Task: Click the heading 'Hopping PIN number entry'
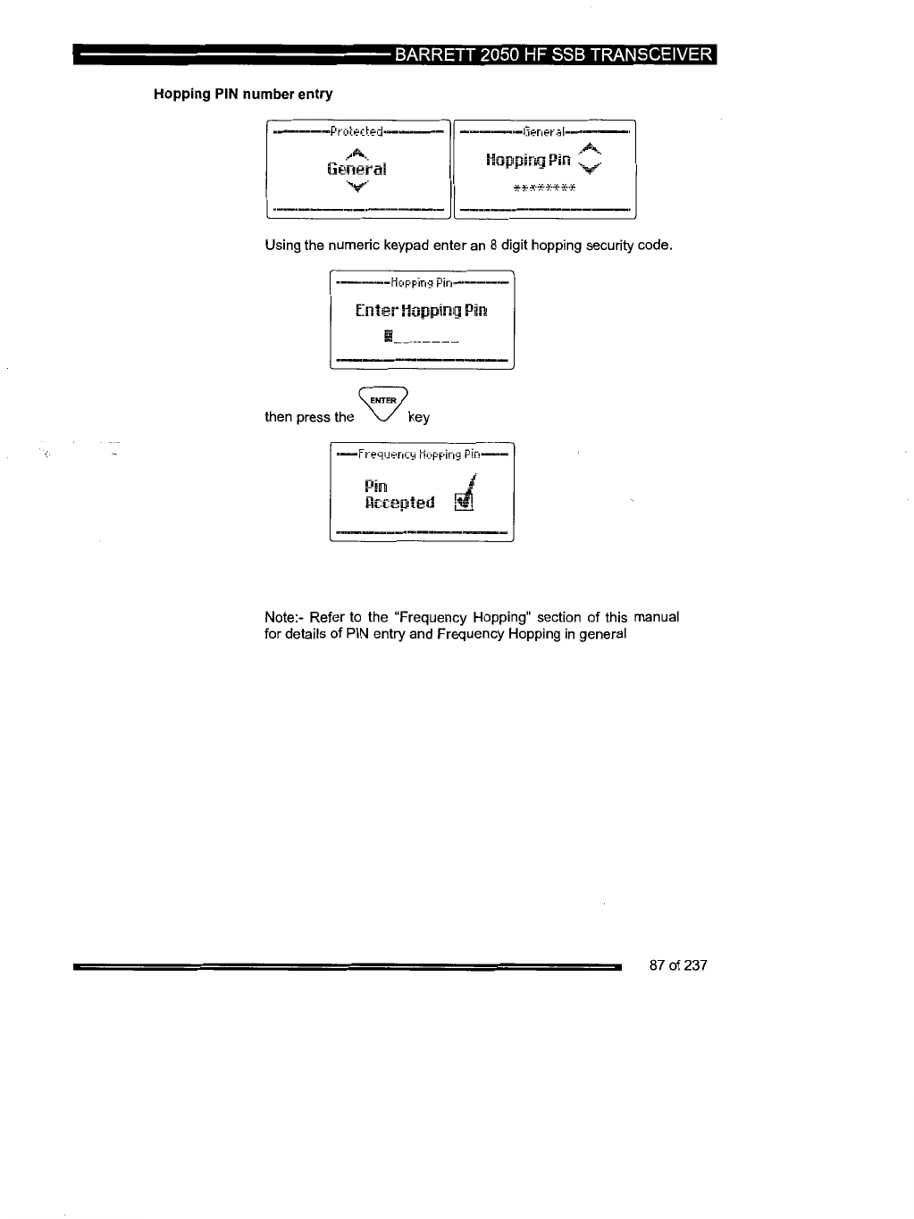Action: point(243,94)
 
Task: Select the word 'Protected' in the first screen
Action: point(356,132)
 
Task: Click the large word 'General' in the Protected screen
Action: point(356,169)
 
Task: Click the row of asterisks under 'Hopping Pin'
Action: point(545,188)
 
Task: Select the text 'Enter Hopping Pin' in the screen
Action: point(421,311)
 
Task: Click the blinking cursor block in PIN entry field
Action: point(388,337)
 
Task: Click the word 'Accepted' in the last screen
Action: point(399,503)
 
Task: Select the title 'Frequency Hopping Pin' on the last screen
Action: point(421,455)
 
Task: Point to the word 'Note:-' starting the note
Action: point(283,617)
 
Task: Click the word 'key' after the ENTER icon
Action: point(418,417)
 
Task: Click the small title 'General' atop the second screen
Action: point(545,132)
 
